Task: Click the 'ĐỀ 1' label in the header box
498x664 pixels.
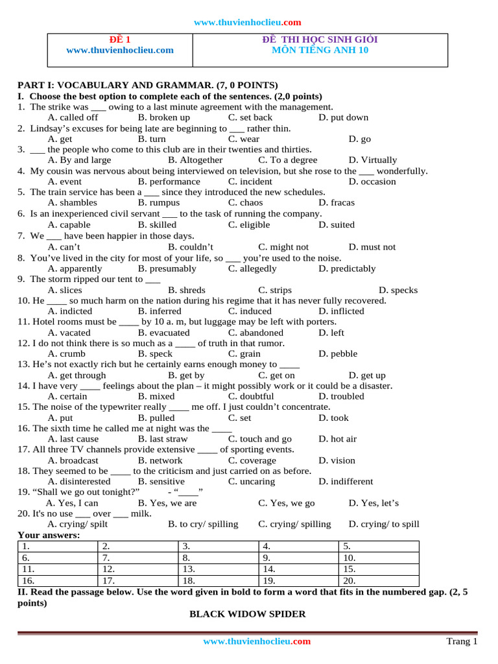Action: coord(120,40)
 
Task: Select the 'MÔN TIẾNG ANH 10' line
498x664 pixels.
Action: coord(320,50)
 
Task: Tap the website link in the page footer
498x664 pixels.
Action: coord(257,641)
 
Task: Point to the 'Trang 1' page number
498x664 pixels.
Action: coord(462,641)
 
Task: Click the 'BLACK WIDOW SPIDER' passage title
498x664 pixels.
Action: coord(247,613)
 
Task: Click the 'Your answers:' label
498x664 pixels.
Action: coord(49,535)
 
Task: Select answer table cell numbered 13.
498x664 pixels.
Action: coord(218,569)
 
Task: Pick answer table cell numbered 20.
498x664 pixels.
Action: coord(379,580)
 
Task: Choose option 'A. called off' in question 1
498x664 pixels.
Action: coord(73,117)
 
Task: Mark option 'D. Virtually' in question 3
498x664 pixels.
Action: coord(373,160)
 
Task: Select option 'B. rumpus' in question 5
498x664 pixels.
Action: coord(159,203)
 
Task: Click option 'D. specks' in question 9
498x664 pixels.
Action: coord(398,290)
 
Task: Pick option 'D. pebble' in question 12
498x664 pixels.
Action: coord(338,354)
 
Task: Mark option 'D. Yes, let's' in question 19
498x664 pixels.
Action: coord(373,503)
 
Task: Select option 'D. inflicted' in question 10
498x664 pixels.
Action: coord(341,311)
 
